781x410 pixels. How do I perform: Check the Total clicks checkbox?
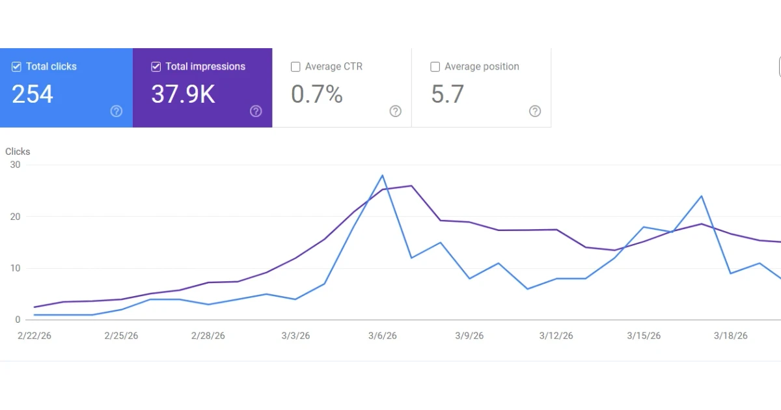point(17,66)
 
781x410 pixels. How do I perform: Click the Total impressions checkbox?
point(156,66)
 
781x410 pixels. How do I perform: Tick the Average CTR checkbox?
point(295,66)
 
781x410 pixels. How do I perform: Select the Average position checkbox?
point(435,66)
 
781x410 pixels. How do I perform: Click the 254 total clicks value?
point(33,94)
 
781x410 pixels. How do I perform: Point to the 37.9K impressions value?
point(183,94)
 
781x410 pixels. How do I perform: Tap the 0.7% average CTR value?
point(317,94)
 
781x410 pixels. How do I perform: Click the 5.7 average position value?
point(448,94)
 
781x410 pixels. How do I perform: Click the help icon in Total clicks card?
point(116,111)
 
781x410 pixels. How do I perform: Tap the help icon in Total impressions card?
point(256,111)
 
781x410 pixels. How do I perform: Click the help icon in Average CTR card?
point(395,111)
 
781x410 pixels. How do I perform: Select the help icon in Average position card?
point(535,111)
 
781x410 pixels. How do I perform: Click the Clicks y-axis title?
point(18,152)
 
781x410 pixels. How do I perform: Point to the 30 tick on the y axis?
point(15,165)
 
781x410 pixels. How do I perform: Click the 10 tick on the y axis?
point(15,268)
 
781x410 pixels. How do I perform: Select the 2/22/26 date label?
point(34,336)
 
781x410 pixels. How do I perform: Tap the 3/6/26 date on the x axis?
point(382,336)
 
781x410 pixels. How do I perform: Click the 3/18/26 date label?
point(731,336)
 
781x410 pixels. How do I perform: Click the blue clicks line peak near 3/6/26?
point(382,175)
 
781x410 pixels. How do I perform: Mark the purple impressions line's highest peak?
point(411,186)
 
